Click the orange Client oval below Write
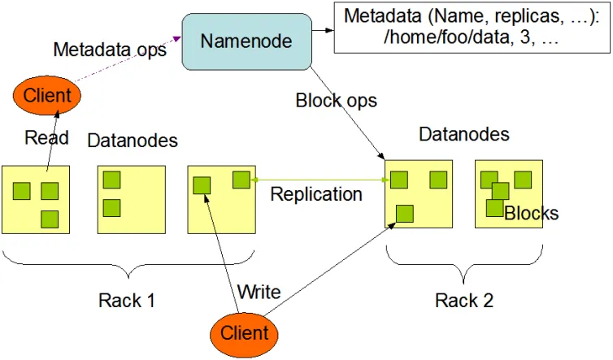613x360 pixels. pos(244,333)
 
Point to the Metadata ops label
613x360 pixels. pos(110,50)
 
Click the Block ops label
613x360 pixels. pos(336,102)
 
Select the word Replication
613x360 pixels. pos(316,194)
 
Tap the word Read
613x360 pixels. pos(46,137)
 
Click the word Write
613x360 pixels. pos(259,291)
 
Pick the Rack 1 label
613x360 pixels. pos(127,300)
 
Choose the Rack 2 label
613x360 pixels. pos(463,300)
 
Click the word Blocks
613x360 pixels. pos(532,214)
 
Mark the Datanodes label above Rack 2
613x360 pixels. pos(464,134)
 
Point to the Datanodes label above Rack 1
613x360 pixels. pos(133,141)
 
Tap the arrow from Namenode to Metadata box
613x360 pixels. pos(323,32)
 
